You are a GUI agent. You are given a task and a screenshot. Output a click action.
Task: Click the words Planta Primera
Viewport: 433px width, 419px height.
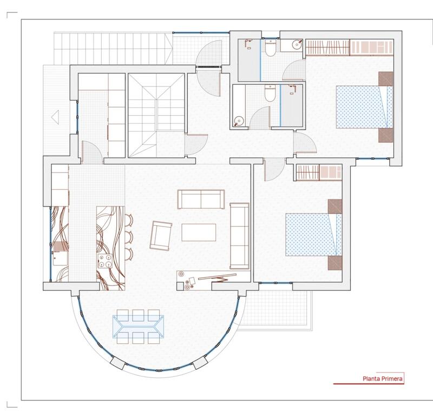(382, 379)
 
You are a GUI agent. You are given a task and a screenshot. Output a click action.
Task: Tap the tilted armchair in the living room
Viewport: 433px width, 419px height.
(161, 236)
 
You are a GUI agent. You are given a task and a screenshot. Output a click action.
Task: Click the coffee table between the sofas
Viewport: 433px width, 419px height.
(198, 232)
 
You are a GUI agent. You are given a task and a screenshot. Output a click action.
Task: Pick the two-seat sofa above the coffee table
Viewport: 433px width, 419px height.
(201, 198)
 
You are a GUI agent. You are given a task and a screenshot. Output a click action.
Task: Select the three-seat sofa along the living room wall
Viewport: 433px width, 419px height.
(239, 236)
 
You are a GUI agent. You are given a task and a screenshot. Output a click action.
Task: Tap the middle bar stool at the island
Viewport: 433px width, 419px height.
(130, 236)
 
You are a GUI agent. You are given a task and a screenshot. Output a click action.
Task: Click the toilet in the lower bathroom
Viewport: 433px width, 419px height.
(269, 94)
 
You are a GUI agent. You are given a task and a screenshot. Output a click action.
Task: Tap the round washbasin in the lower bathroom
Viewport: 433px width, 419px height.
(239, 120)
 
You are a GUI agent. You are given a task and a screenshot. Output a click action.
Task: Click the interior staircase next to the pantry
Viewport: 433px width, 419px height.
(156, 115)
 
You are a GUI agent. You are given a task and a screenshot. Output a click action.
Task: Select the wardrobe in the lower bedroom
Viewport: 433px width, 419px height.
(319, 172)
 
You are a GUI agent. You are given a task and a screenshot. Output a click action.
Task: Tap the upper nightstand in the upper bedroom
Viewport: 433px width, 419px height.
(386, 79)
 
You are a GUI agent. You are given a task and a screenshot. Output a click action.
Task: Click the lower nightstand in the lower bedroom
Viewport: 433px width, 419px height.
(335, 263)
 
